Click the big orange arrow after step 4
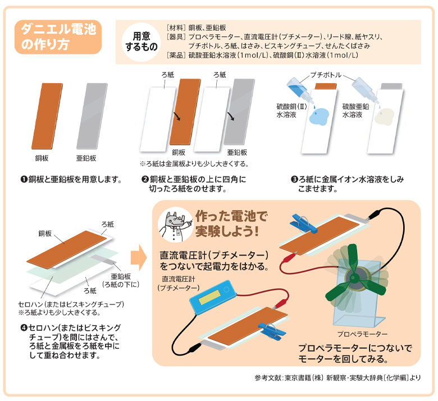coord(139,258)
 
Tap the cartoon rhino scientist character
coord(172,225)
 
